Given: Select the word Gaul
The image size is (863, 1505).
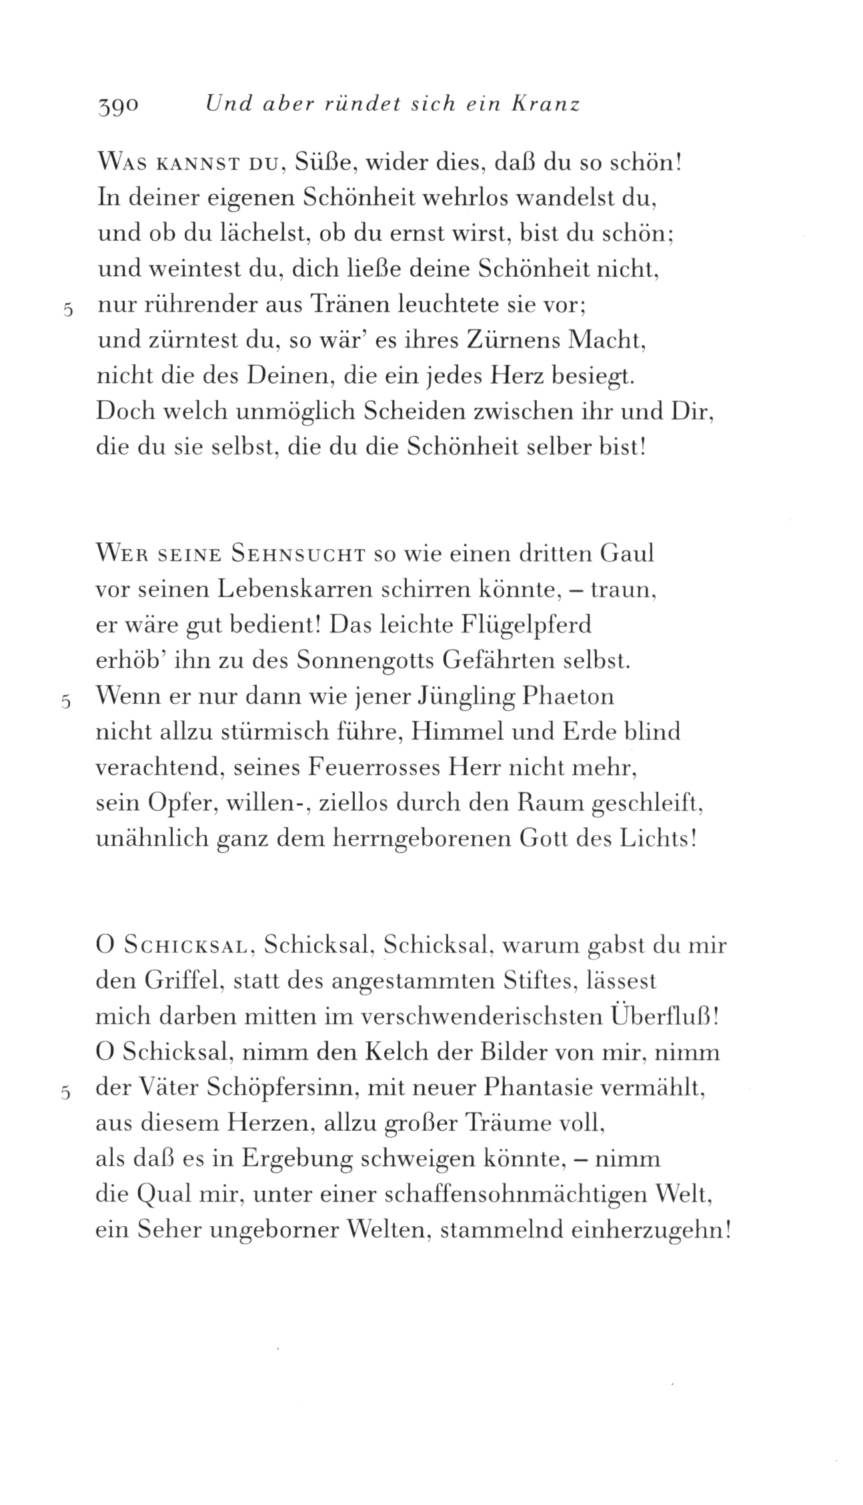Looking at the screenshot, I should click(626, 554).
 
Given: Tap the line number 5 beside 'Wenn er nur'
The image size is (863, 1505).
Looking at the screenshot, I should click(65, 702).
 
